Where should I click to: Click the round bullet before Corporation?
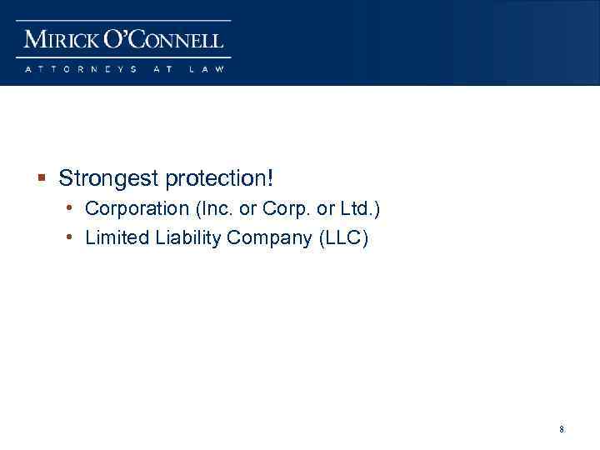pyautogui.click(x=71, y=207)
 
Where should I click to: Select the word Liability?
pyautogui.click(x=183, y=238)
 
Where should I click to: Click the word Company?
pyautogui.click(x=270, y=238)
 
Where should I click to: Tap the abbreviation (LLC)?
pyautogui.click(x=343, y=238)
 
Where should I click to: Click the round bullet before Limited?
pyautogui.click(x=71, y=237)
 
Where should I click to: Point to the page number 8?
pyautogui.click(x=562, y=429)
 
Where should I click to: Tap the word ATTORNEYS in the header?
pyautogui.click(x=79, y=69)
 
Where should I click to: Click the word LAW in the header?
pyautogui.click(x=207, y=69)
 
